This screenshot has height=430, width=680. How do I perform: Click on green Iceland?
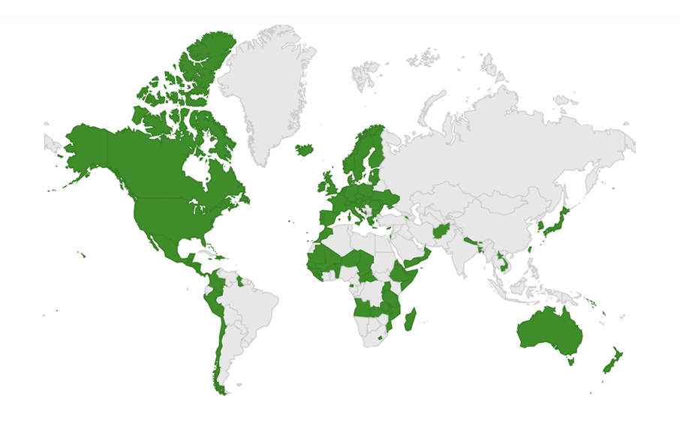tap(304, 149)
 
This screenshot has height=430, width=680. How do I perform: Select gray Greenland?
tap(263, 90)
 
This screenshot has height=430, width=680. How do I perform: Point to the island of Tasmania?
tap(571, 361)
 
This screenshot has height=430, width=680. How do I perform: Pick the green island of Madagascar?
tap(410, 321)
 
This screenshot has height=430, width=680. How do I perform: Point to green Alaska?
tap(86, 146)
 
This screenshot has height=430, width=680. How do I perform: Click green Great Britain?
tap(329, 183)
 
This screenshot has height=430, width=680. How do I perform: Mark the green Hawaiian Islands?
tap(82, 255)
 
